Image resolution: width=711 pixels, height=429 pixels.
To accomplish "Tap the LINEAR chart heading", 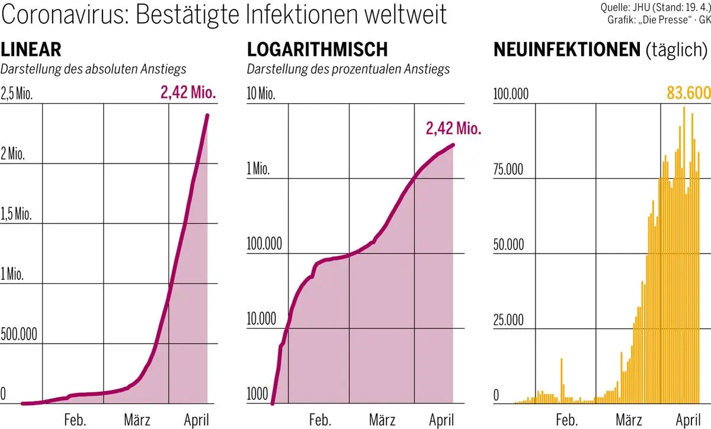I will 31,50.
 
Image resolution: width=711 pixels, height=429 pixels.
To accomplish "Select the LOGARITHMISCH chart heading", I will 317,50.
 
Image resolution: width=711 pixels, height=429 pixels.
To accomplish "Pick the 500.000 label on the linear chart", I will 19,334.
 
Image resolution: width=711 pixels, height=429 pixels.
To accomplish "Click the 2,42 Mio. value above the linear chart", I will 188,92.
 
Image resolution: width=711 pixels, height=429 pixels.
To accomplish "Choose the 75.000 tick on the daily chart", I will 508,169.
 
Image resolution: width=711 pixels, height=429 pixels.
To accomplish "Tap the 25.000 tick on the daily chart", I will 508,320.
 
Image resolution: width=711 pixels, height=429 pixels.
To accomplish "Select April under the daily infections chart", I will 688,421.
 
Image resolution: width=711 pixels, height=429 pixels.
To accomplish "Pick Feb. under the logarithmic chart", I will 320,421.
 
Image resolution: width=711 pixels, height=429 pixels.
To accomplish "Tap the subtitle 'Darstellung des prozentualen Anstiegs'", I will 348,69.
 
